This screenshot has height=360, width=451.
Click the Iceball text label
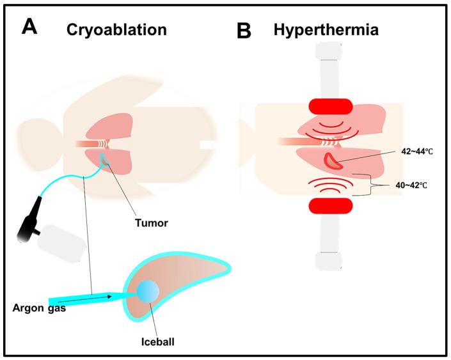pyautogui.click(x=157, y=341)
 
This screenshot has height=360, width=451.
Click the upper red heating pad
pyautogui.click(x=330, y=107)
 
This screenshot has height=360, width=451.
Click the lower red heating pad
pyautogui.click(x=330, y=206)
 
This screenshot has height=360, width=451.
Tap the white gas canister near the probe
pyautogui.click(x=61, y=244)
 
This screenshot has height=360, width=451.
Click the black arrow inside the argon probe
pyautogui.click(x=102, y=296)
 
